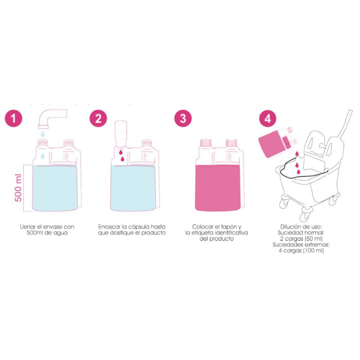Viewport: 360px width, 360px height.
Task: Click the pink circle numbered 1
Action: (x=13, y=118)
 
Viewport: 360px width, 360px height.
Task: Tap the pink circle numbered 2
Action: (x=98, y=118)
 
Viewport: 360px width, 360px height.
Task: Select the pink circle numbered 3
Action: (x=183, y=118)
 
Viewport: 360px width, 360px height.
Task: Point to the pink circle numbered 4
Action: (x=268, y=118)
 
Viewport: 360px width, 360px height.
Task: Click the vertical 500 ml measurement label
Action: (x=18, y=188)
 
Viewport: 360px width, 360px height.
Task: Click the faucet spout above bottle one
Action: (x=52, y=118)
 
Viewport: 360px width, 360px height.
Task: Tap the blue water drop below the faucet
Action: (x=43, y=134)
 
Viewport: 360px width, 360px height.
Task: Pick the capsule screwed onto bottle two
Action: (x=121, y=133)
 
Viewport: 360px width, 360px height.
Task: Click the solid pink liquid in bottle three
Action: (x=218, y=188)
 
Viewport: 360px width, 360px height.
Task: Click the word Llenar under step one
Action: (x=28, y=227)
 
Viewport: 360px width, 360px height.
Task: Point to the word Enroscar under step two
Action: (x=109, y=227)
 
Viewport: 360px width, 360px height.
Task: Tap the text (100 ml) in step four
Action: (x=314, y=250)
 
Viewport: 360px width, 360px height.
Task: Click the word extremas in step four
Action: (x=319, y=244)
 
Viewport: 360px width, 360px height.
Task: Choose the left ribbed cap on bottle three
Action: (x=206, y=142)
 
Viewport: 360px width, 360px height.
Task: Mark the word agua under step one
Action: (x=60, y=233)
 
